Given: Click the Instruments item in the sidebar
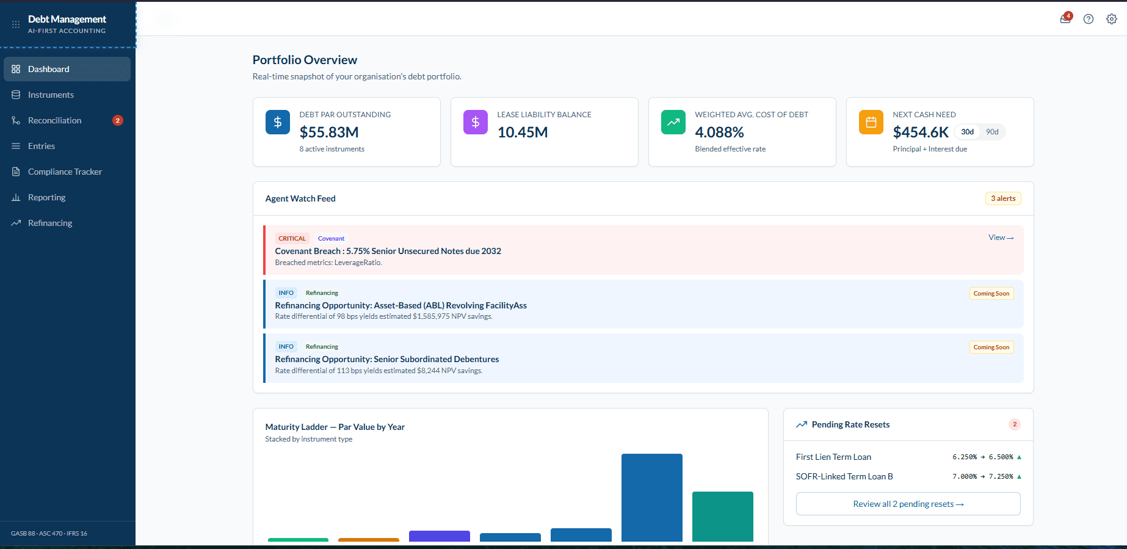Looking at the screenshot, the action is (x=51, y=95).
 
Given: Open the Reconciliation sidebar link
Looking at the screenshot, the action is (x=54, y=120).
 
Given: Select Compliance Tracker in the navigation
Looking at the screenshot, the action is (x=65, y=172).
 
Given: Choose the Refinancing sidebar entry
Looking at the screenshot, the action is (x=50, y=223).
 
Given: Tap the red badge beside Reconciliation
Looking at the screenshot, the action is (x=118, y=120).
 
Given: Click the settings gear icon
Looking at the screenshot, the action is (x=1112, y=19).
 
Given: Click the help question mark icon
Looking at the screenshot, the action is (x=1089, y=19).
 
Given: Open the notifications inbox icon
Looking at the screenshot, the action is (x=1065, y=19).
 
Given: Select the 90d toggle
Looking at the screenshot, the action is (x=992, y=132).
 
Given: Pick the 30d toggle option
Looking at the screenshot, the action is (x=968, y=132).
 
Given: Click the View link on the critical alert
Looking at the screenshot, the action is (x=1001, y=238).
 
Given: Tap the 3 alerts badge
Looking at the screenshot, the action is (x=1003, y=198).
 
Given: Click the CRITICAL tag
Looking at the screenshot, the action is (x=292, y=239).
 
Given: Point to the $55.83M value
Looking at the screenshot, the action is (x=329, y=133).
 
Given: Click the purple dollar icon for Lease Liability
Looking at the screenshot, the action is (x=476, y=122).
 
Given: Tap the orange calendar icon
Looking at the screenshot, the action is (x=871, y=122).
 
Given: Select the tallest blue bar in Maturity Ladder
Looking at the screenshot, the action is (x=652, y=497).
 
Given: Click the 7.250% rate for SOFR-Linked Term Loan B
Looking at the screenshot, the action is (x=1001, y=477).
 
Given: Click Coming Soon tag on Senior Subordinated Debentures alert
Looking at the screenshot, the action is (x=991, y=347).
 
